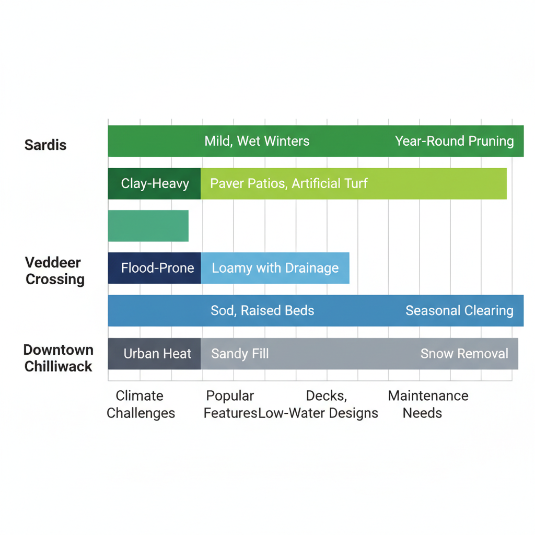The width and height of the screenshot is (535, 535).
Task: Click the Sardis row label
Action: click(45, 145)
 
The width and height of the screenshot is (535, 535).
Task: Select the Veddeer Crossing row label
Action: click(55, 271)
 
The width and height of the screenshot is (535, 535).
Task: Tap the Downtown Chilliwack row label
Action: click(59, 358)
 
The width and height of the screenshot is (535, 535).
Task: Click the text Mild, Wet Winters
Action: click(257, 141)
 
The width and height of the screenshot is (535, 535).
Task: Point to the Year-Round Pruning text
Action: click(454, 141)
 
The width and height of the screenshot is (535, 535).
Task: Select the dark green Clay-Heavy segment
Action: click(155, 183)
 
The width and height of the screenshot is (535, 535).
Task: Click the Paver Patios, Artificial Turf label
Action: click(288, 183)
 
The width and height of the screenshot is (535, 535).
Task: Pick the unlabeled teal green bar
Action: click(148, 226)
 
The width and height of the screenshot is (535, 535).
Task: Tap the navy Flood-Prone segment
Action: click(155, 268)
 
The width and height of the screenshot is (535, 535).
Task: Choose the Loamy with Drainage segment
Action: click(275, 268)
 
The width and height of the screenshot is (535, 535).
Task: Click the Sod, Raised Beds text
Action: click(262, 310)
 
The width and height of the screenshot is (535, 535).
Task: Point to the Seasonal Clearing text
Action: click(459, 310)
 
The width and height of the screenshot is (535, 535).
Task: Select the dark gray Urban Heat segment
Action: click(155, 354)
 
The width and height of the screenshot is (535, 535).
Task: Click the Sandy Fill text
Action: click(240, 354)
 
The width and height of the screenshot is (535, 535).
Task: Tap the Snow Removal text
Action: click(464, 354)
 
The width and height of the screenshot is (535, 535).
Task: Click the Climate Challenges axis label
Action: click(140, 404)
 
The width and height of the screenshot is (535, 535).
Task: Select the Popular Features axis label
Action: click(230, 404)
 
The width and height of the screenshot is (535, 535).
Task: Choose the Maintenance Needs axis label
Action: click(427, 404)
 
